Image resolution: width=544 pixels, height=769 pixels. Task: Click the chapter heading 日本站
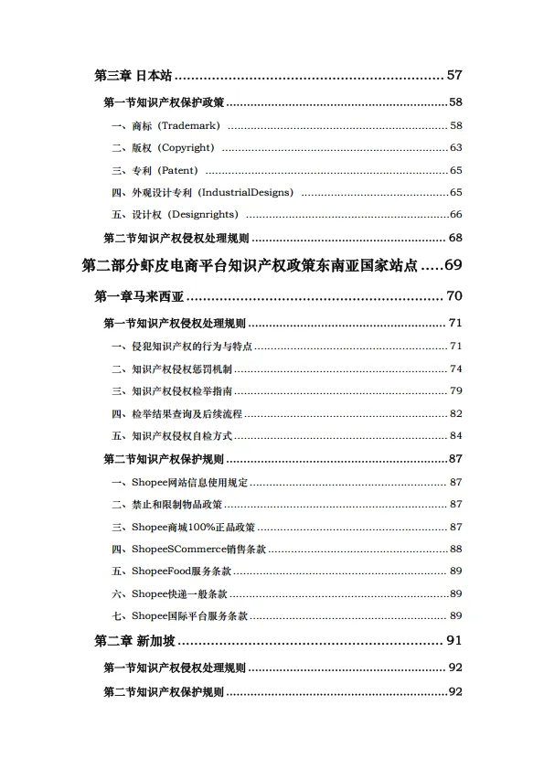(155, 75)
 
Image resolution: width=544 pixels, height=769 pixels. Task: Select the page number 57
(454, 75)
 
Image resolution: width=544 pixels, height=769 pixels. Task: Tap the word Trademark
(190, 125)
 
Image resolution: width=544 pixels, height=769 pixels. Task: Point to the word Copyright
(187, 148)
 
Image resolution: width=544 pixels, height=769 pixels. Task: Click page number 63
(455, 148)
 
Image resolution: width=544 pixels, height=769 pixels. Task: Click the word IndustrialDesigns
(247, 193)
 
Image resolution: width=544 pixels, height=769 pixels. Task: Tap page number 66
(455, 215)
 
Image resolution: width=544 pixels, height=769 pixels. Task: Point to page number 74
(455, 368)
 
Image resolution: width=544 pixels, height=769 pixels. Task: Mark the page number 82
(455, 413)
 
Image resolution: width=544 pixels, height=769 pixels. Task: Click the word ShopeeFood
(164, 571)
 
